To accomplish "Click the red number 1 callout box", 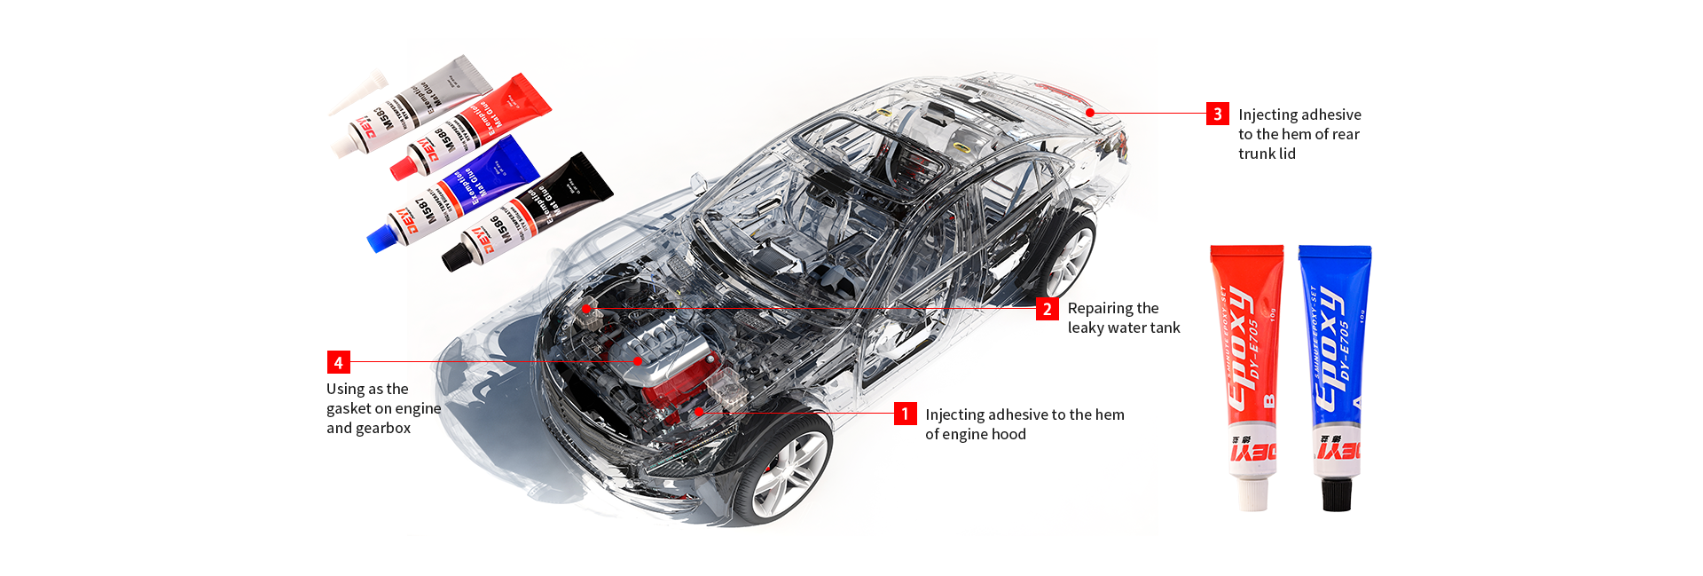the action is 905,414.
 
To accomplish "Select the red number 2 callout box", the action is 1047,309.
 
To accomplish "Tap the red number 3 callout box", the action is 1217,114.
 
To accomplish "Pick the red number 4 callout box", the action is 338,362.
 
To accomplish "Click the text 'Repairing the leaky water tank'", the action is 1123,318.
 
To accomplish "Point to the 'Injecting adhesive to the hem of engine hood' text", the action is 1024,424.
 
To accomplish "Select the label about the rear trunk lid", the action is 1299,134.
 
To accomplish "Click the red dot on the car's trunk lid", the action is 1090,113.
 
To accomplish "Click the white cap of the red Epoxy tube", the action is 1252,493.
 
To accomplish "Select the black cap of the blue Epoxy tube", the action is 1336,493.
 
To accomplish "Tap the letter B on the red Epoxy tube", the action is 1269,400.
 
